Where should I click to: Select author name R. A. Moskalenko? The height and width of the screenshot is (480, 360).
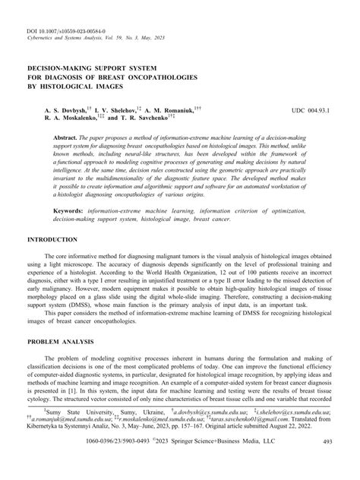(58, 119)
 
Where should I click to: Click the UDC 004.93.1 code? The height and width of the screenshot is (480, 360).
(311, 111)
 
